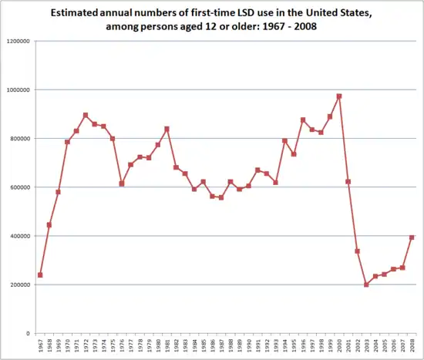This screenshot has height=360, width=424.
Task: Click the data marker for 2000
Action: pos(339,96)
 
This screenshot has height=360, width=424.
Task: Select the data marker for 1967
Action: pos(40,275)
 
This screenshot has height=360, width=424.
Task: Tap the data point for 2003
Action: pos(367,284)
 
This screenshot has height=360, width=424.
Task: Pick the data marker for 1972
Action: pos(86,115)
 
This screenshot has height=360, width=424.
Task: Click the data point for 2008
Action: pos(412,237)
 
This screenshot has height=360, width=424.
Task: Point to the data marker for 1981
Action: pos(167,129)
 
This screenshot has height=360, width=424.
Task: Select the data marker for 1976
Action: pos(122,183)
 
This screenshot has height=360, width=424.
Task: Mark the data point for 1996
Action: pos(303,119)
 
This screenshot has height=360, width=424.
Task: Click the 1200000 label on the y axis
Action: pos(18,41)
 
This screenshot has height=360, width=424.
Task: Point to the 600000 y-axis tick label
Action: pos(19,187)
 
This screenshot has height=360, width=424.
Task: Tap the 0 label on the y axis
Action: pos(29,333)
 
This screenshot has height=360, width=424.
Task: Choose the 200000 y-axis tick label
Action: pos(19,284)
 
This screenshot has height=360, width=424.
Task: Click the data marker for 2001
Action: pos(348,181)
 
